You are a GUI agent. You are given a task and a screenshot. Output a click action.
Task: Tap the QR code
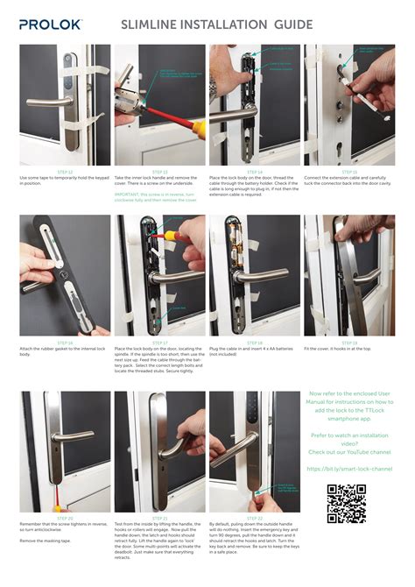(x=346, y=503)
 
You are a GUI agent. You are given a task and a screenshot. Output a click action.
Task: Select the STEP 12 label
(x=65, y=172)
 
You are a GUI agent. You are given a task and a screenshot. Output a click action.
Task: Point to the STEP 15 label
(x=348, y=172)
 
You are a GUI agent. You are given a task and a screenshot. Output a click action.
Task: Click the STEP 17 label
(x=159, y=343)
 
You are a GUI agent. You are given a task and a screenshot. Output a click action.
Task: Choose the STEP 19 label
(x=348, y=343)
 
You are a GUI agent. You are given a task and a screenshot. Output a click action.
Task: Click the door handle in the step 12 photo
(x=48, y=103)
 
